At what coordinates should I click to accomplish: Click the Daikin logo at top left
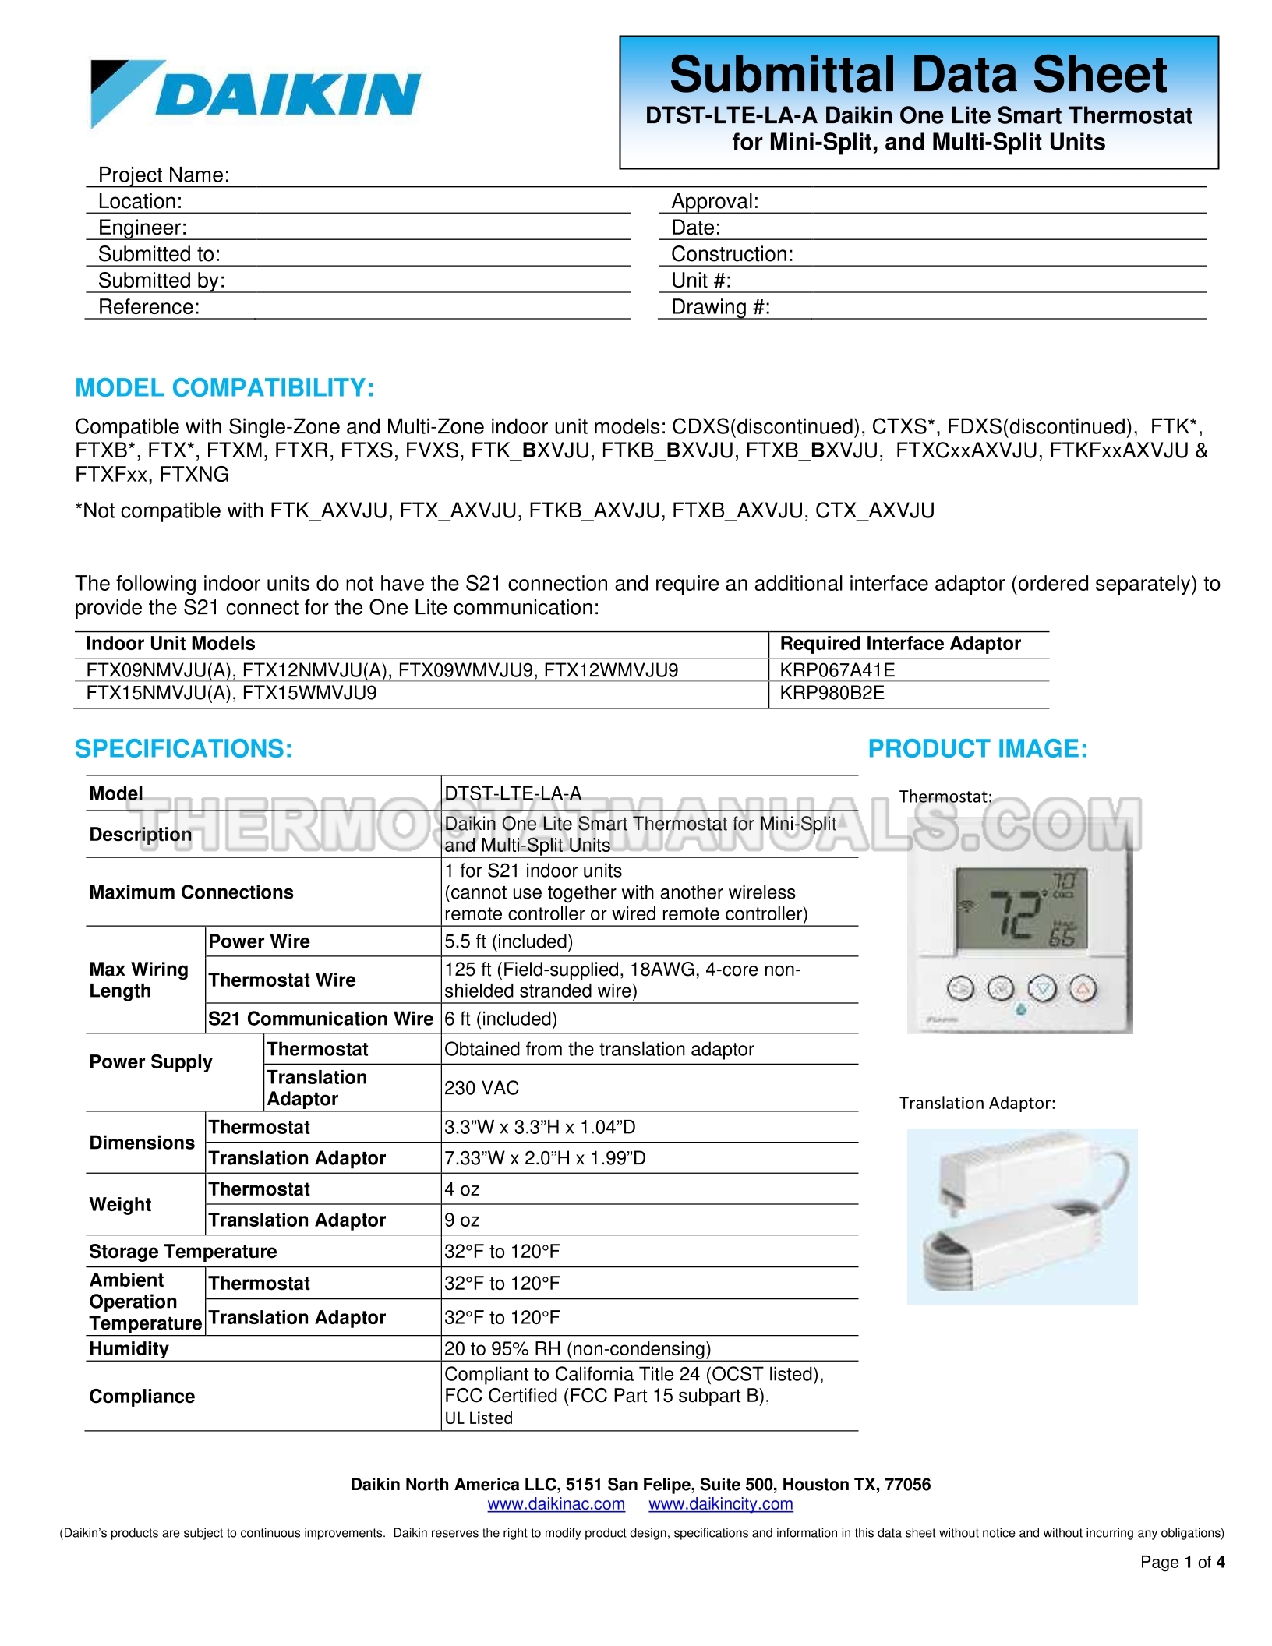(255, 94)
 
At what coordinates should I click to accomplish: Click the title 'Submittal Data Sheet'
(917, 75)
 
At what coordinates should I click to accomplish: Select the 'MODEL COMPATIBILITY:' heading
(224, 387)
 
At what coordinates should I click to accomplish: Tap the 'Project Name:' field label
(164, 175)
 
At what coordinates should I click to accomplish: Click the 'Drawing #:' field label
(720, 307)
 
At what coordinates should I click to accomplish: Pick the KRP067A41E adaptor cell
(837, 670)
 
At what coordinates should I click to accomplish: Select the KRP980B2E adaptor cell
(832, 693)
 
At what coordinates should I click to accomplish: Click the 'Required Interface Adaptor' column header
(899, 644)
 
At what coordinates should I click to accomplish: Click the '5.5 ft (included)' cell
(508, 941)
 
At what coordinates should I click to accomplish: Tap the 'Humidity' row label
(129, 1349)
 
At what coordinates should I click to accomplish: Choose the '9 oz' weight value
(461, 1220)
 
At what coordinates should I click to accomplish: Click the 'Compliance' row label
(142, 1397)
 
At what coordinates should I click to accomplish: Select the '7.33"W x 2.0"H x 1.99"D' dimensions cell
(545, 1158)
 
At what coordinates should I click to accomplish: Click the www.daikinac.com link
(556, 1504)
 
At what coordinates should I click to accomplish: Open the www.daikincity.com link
(720, 1504)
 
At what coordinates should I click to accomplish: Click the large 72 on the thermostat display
(1016, 915)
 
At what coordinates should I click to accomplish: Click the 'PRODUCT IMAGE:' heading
(977, 749)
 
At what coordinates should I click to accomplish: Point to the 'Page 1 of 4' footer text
(1182, 1562)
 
